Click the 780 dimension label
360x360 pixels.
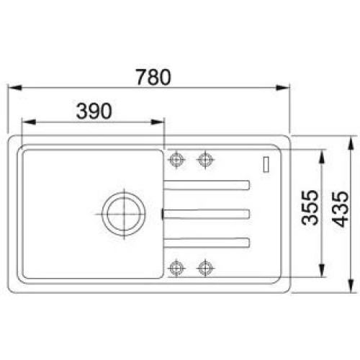153,77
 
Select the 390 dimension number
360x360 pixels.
94,111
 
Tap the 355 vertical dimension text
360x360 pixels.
310,207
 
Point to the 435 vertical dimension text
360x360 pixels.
341,209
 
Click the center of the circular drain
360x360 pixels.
124,214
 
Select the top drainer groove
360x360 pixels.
207,185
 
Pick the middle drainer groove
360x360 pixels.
206,214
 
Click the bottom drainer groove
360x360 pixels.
207,243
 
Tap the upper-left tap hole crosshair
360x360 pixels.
176,159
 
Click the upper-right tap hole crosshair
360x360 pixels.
205,159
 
